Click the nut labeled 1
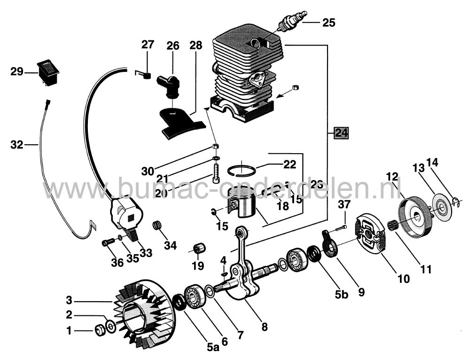(100, 331)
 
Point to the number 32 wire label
(16, 145)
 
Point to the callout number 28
(195, 46)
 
